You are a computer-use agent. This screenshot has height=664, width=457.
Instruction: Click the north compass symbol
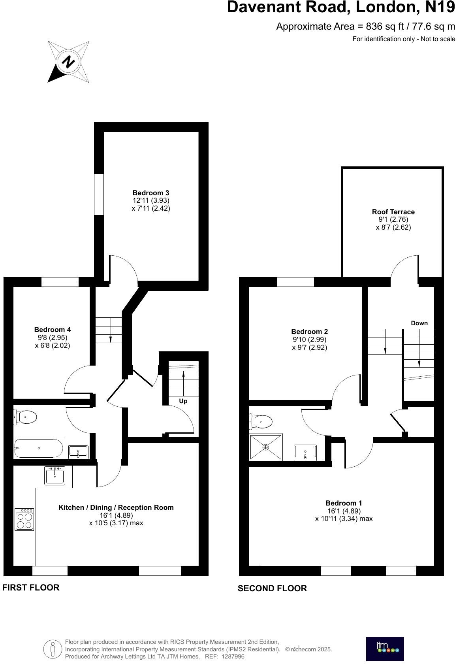point(68,62)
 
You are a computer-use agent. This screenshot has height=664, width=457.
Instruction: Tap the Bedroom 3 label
point(151,193)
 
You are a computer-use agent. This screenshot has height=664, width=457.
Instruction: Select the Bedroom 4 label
point(53,330)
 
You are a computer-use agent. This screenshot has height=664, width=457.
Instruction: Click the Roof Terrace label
point(393,212)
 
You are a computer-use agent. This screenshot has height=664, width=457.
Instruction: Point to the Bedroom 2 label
point(309,332)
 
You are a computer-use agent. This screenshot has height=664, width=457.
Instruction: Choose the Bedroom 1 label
point(344,503)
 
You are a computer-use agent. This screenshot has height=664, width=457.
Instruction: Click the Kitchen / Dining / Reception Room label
point(116,507)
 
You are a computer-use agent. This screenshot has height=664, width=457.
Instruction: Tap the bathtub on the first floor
point(38,448)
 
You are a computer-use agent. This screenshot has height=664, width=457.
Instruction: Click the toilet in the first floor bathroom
point(26,417)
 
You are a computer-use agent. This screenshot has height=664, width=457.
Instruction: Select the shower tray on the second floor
point(266,447)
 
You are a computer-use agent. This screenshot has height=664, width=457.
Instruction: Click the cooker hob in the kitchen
point(24,519)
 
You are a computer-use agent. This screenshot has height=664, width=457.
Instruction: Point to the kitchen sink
point(55,475)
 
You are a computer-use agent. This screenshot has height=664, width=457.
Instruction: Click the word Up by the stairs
point(183,401)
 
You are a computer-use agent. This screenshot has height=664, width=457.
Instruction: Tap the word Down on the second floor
point(419,323)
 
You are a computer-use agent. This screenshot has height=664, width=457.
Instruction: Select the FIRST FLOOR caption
point(31,588)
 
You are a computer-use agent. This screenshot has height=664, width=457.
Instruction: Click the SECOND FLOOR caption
point(272,589)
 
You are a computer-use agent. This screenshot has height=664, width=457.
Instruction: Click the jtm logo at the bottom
point(385,649)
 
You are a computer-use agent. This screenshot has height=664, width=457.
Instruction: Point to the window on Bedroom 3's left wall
point(98,194)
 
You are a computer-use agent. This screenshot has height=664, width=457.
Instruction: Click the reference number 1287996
point(233,656)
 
